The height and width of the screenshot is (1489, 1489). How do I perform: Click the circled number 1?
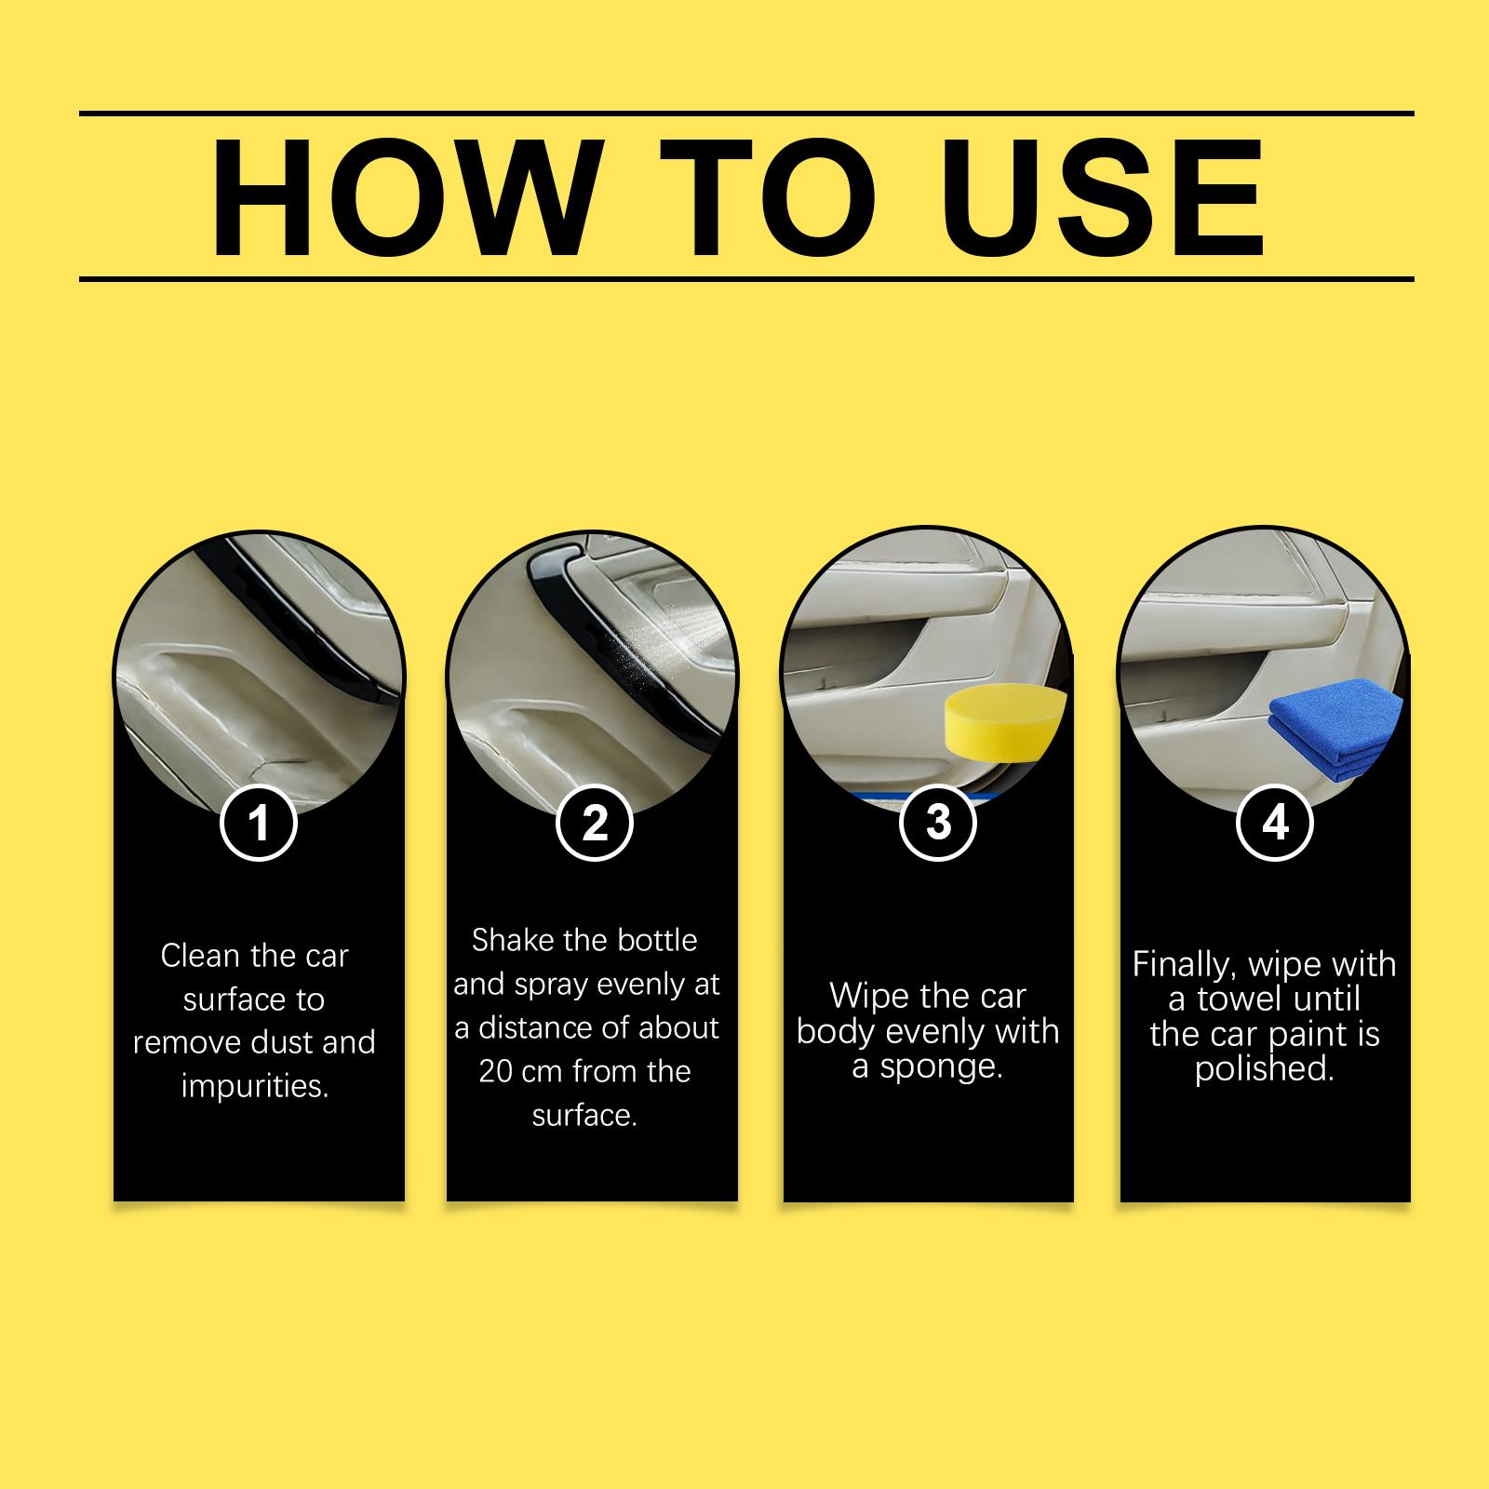259,823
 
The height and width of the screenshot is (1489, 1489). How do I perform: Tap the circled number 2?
595,823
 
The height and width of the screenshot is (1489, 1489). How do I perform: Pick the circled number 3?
938,823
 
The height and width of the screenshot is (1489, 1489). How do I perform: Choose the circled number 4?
1275,823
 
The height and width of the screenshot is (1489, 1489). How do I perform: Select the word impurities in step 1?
255,1087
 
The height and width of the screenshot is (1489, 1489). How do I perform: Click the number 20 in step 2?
496,1072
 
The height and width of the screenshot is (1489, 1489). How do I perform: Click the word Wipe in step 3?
867,996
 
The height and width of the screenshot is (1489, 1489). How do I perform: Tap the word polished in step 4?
1265,1070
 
